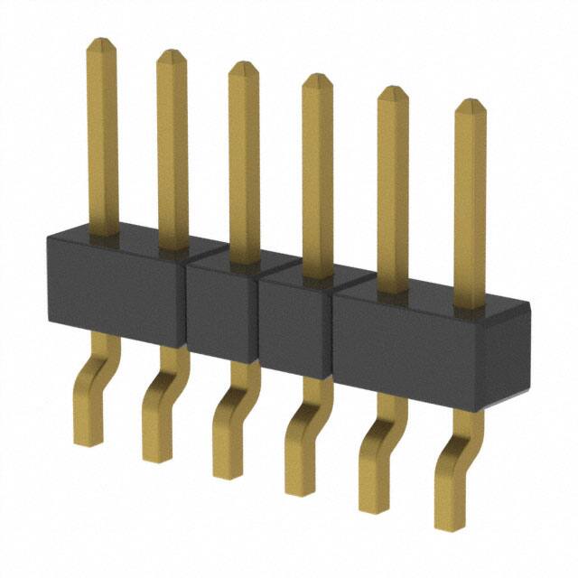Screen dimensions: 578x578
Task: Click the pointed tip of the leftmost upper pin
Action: click(102, 42)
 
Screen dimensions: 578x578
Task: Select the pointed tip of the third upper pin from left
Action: click(243, 65)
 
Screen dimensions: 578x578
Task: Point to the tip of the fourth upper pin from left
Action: click(317, 77)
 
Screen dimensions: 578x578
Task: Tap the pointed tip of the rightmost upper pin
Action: click(470, 102)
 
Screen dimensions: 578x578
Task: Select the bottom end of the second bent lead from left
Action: click(156, 456)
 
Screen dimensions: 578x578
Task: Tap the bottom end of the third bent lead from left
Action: click(227, 472)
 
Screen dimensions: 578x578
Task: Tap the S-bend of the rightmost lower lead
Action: click(457, 452)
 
